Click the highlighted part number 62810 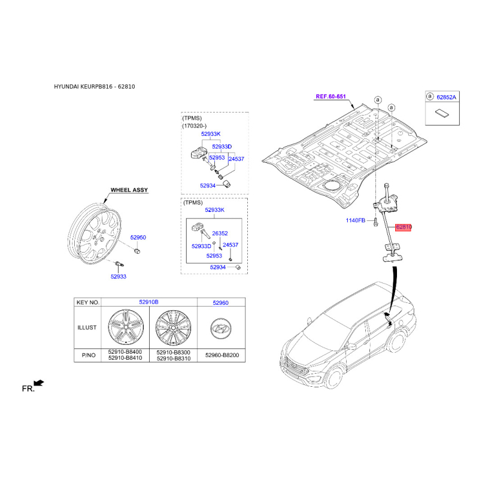click(x=403, y=227)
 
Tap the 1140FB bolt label click(x=355, y=220)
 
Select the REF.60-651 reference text click(x=331, y=96)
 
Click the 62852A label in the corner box click(x=446, y=97)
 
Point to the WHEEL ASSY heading click(x=129, y=190)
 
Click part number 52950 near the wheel click(x=138, y=237)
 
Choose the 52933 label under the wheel click(x=118, y=277)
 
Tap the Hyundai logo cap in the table click(x=220, y=328)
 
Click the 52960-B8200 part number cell click(x=222, y=355)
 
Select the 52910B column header click(x=148, y=302)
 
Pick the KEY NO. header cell click(x=88, y=302)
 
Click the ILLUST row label click(x=87, y=328)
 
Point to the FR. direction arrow click(x=39, y=383)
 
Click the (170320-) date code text click(x=194, y=126)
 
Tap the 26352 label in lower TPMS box click(x=220, y=234)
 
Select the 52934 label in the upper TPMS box click(x=208, y=186)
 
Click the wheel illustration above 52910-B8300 click(x=173, y=328)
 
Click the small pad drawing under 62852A click(x=442, y=113)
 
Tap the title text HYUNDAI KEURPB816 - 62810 click(x=95, y=86)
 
